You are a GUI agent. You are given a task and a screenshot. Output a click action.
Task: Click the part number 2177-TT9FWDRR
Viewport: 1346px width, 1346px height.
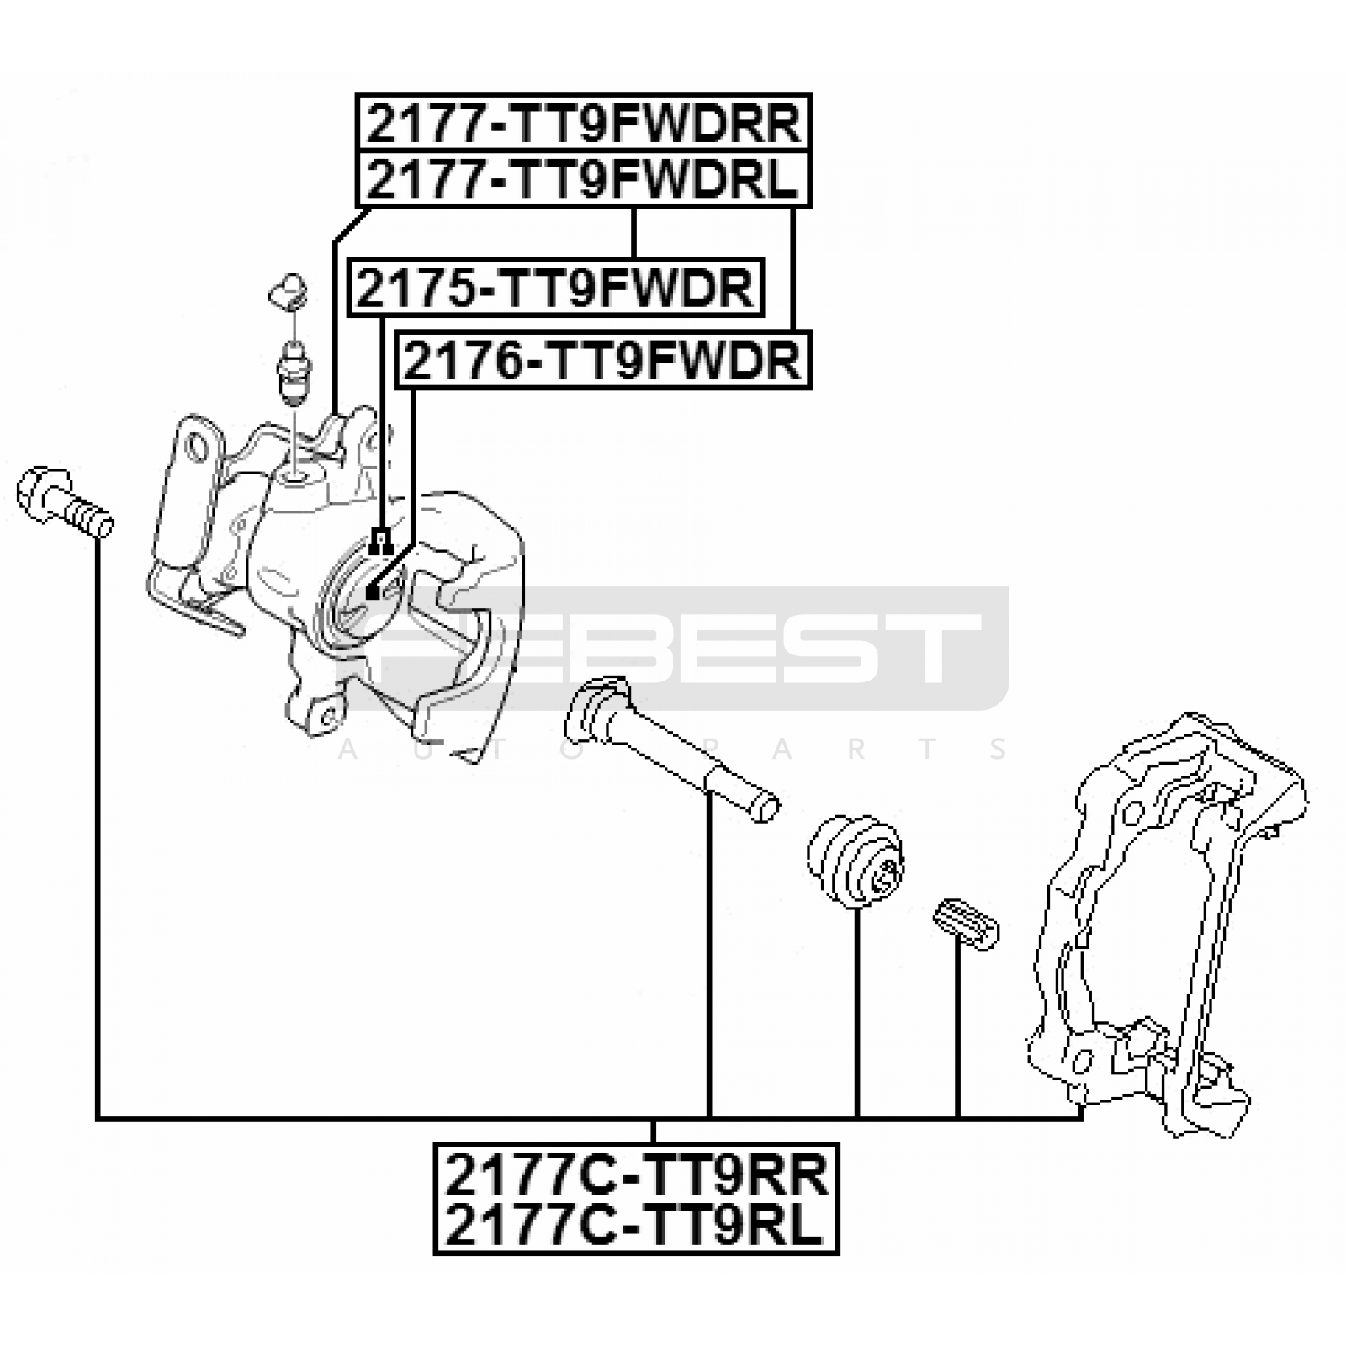[583, 124]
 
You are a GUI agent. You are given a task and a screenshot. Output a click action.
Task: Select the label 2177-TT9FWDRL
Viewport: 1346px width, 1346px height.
[583, 178]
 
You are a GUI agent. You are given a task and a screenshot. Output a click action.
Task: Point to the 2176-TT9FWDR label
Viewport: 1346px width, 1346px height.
[603, 361]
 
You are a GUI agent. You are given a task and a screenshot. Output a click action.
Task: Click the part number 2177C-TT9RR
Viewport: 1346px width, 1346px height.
[636, 1174]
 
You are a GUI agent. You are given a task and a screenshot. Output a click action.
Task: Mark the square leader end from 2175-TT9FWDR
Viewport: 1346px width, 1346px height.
[381, 538]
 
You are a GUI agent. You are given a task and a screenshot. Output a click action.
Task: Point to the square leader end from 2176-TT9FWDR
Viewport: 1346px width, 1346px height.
[374, 593]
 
